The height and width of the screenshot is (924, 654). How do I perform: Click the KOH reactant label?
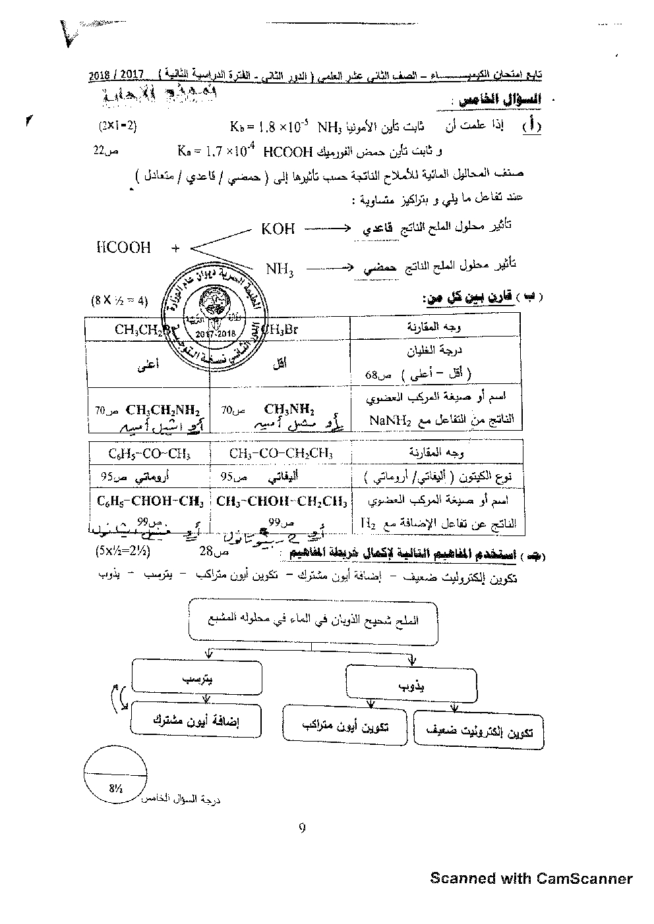point(278,229)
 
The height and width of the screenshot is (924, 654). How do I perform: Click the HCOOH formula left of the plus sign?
point(123,248)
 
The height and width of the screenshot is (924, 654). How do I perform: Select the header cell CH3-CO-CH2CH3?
point(281,454)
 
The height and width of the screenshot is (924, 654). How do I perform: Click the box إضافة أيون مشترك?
point(196,719)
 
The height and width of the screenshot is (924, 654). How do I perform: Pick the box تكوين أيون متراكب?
point(345,726)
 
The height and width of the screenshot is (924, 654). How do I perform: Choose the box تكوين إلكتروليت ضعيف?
point(479,730)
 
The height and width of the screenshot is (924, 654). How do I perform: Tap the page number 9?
point(302,828)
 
